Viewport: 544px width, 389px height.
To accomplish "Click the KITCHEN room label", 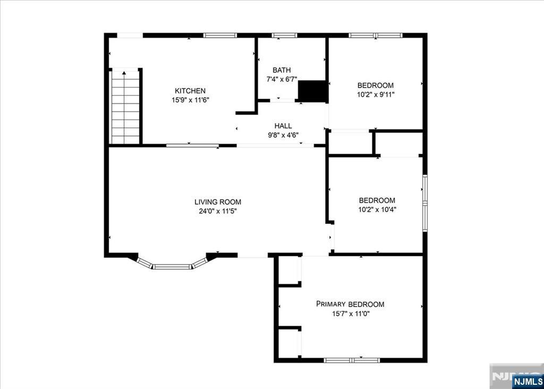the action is coord(190,91).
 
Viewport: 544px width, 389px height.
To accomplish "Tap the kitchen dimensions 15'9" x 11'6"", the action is coord(190,100).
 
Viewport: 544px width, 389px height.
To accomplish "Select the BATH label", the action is coord(282,70).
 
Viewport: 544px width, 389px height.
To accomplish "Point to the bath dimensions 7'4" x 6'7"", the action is coord(282,79).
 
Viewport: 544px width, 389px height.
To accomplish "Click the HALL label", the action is coord(283,126).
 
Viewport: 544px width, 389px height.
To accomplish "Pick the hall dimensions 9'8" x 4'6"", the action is coord(283,135).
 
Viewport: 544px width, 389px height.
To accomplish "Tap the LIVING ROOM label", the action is coord(217,202).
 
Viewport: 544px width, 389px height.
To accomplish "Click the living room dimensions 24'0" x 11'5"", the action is coord(217,211).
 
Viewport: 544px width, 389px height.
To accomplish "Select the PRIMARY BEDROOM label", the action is coord(350,304).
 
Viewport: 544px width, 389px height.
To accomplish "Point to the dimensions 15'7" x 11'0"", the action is coord(350,313).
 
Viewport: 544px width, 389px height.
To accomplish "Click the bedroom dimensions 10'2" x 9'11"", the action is coord(376,94).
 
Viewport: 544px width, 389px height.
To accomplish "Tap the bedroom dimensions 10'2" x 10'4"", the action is coord(377,210).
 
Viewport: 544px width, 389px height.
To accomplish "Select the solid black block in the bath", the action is coord(313,91).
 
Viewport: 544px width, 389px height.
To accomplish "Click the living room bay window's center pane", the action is coord(172,267).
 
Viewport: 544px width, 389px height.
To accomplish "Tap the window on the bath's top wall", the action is coord(285,35).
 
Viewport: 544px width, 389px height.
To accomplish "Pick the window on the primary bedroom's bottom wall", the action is coord(352,360).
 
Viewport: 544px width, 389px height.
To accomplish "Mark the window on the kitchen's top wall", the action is coord(220,35).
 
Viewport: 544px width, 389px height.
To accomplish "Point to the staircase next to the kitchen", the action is coord(125,106).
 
